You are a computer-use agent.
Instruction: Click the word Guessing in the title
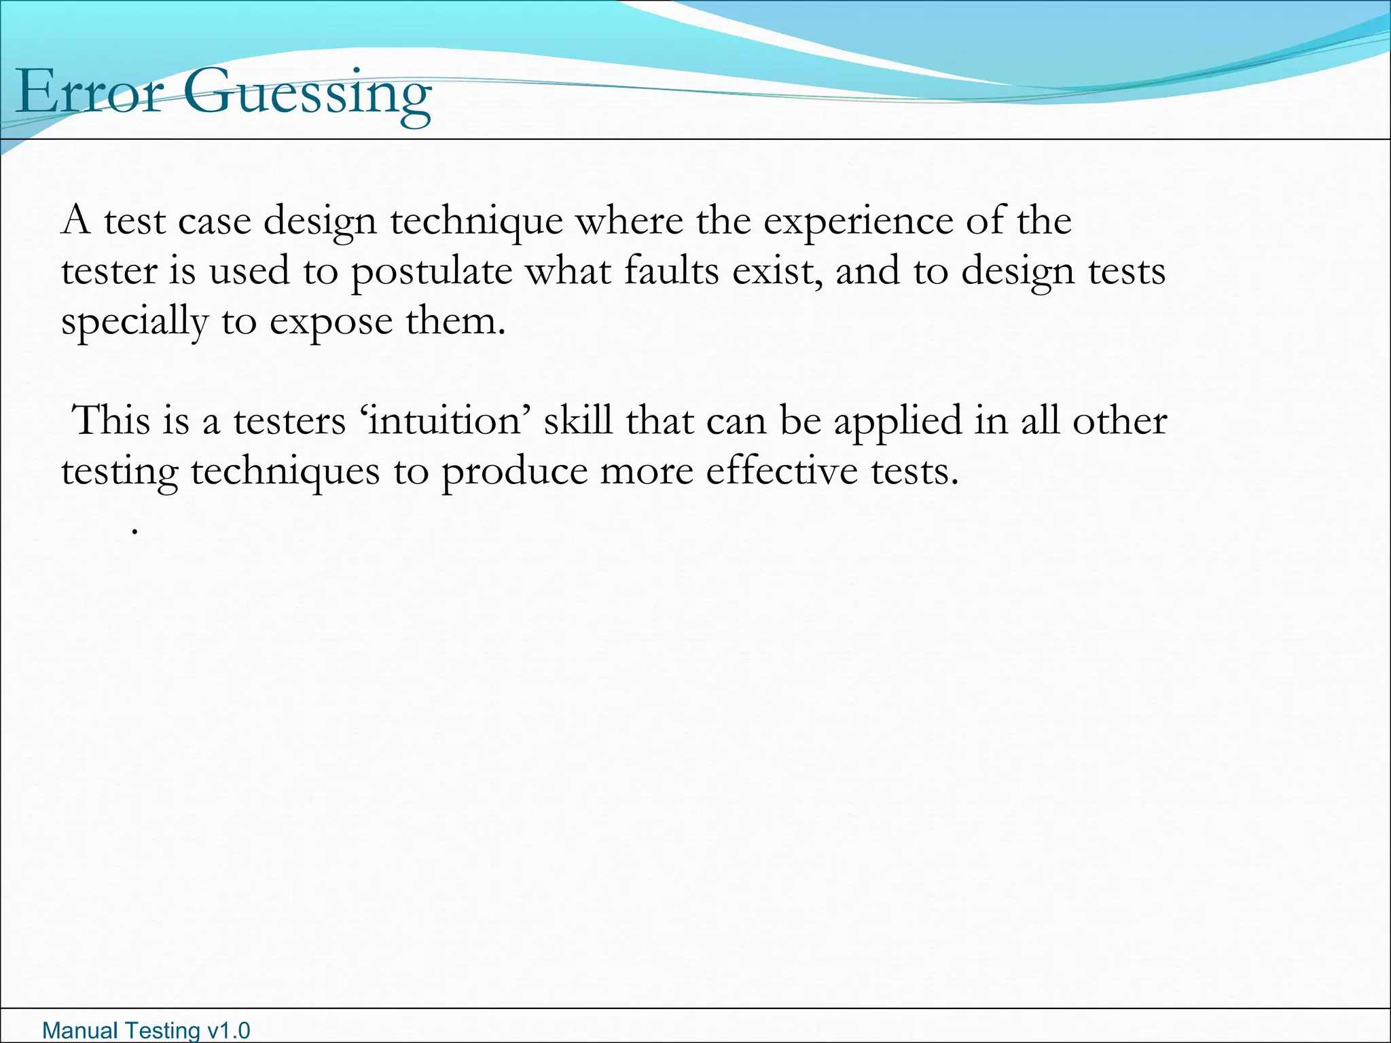(x=306, y=95)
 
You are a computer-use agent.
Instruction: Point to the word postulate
(x=431, y=272)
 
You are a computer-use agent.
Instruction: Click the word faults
(x=671, y=271)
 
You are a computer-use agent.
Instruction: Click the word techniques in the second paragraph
(x=285, y=472)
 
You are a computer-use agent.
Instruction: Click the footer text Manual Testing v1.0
(x=146, y=1030)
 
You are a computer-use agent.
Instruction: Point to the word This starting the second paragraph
(x=111, y=421)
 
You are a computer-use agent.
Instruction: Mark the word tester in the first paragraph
(x=109, y=272)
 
